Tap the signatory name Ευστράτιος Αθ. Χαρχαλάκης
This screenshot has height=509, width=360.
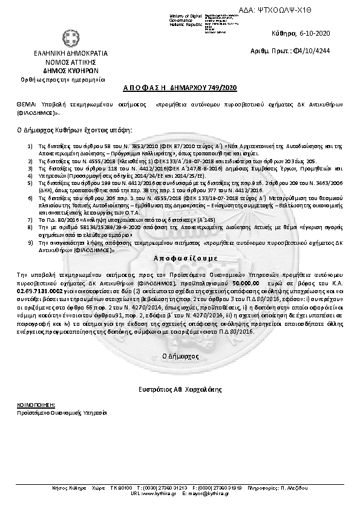point(180,387)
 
